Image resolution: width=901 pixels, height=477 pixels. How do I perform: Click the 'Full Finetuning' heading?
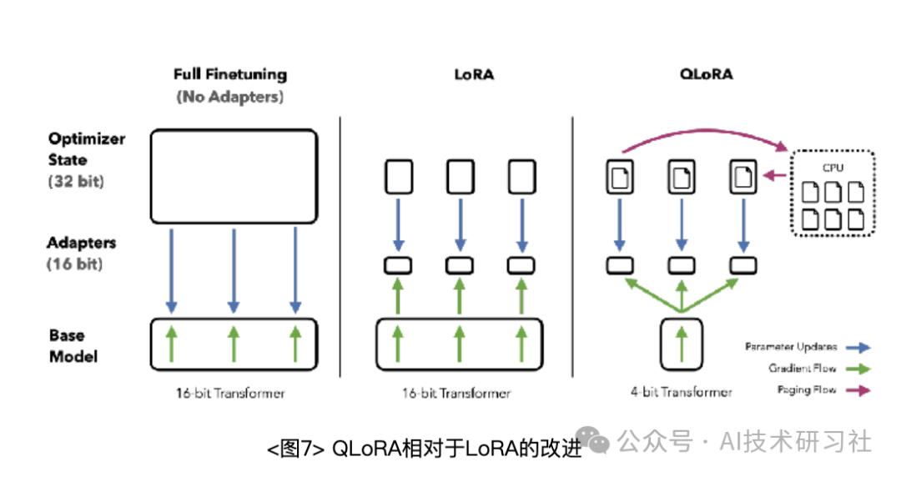(230, 74)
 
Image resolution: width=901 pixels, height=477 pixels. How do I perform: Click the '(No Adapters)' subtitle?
(230, 97)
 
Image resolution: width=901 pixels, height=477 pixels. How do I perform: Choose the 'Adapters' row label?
(82, 244)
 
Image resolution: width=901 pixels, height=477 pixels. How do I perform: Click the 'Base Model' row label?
(73, 345)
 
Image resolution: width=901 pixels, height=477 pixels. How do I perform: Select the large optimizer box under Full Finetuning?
(234, 176)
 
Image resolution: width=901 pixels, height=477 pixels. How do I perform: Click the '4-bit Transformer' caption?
(682, 391)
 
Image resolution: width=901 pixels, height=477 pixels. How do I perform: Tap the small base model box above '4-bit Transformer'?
(682, 344)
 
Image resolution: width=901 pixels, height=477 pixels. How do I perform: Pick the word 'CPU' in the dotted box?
(832, 167)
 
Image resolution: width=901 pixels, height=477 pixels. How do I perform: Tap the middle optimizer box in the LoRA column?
(461, 177)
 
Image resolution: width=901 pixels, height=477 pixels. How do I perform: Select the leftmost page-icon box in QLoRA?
(619, 177)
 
